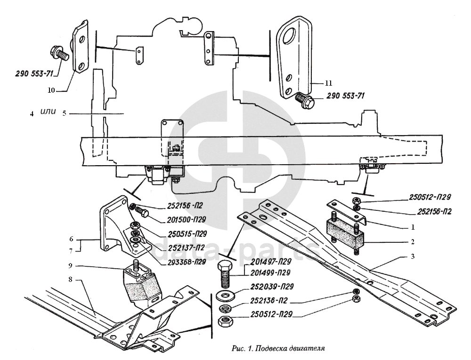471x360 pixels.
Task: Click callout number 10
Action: (x=51, y=90)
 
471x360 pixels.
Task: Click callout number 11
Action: (x=328, y=83)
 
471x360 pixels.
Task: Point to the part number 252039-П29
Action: (x=272, y=287)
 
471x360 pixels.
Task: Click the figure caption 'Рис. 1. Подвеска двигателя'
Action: (x=278, y=348)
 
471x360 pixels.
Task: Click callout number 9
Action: (x=70, y=266)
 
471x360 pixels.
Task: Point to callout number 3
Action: (x=413, y=256)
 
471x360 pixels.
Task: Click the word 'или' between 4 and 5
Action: (x=48, y=112)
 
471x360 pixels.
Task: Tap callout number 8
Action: (x=70, y=280)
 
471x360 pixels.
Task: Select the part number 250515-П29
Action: (x=183, y=234)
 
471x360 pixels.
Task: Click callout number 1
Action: (x=413, y=227)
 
